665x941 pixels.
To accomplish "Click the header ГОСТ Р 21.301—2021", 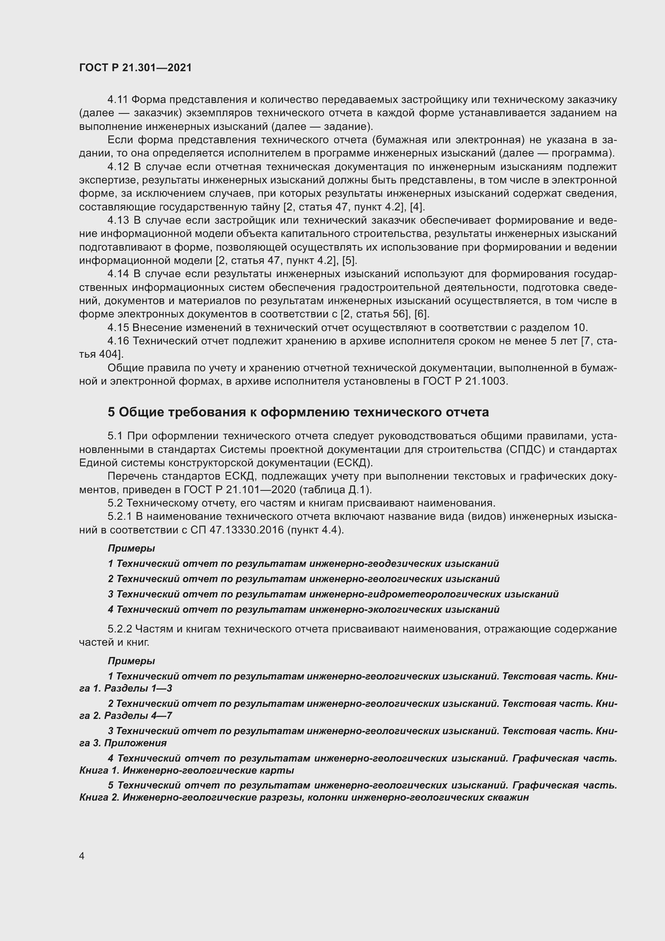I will [135, 68].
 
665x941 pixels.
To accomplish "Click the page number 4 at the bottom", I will [82, 856].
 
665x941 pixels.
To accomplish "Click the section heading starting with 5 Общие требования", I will [298, 412].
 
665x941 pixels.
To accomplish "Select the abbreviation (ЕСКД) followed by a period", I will [353, 463].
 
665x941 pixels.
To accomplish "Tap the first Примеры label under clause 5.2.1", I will [131, 548].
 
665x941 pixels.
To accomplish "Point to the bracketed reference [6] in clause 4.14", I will [421, 314].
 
